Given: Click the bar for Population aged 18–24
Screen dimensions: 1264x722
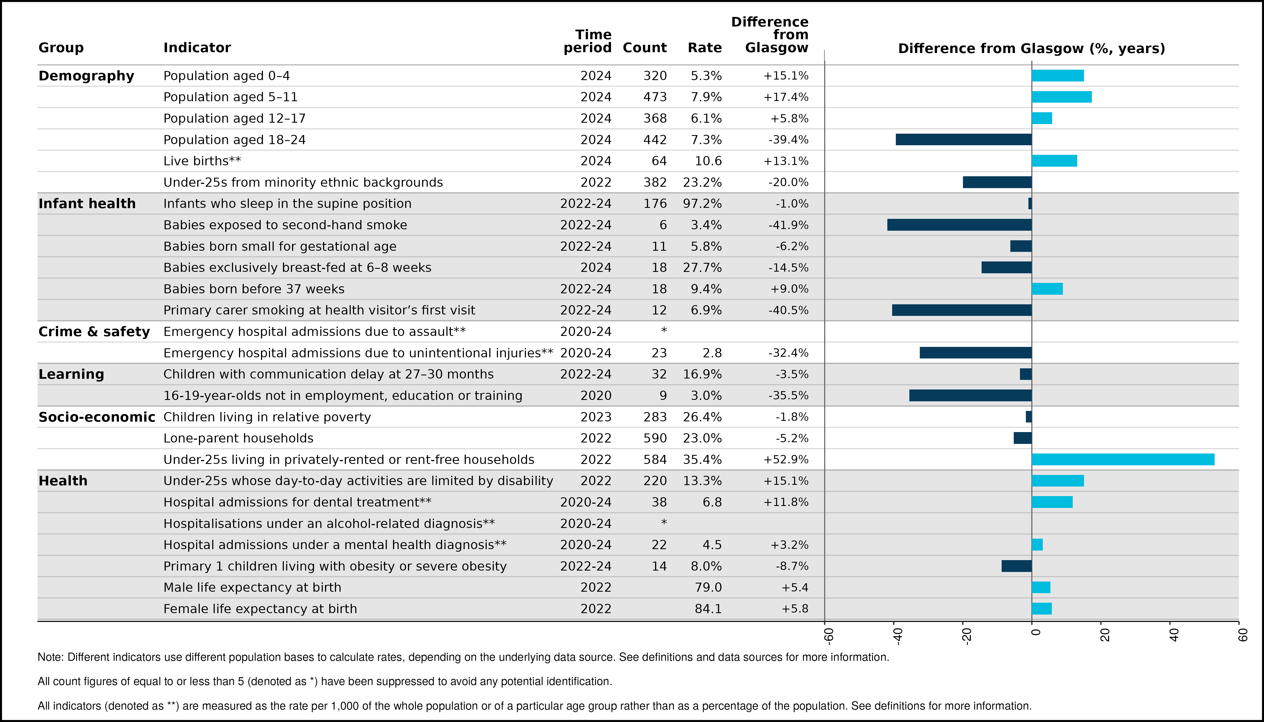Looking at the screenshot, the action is coord(964,139).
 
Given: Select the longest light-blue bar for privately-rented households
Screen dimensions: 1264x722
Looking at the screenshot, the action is coord(1123,459).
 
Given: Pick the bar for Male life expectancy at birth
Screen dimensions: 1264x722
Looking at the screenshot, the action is coord(1041,587).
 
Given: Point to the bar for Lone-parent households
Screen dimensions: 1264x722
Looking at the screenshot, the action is coord(1022,438).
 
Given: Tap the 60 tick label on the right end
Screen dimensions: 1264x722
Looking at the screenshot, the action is coord(1242,635).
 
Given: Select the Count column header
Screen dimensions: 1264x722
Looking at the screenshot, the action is coord(644,48).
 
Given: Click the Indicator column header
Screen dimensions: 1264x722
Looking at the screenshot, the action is coord(197,48).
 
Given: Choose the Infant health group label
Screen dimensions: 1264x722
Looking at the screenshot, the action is coord(87,203).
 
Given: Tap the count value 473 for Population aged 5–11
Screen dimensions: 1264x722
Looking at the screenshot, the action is coord(655,97).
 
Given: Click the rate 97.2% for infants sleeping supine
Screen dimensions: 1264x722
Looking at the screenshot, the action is coord(702,203).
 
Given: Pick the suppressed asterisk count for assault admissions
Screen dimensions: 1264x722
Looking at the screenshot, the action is coord(664,330).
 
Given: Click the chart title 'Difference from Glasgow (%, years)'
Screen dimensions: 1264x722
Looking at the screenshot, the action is coord(1031,48).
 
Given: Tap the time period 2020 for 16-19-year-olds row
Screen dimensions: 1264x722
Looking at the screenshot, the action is coord(596,395).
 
